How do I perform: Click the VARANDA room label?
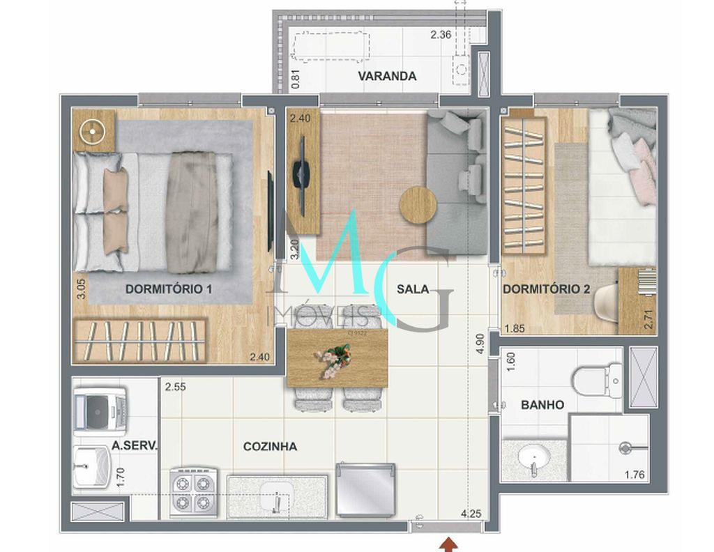(x=387, y=76)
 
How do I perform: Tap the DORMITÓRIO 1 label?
(x=168, y=289)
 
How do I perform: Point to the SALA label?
(x=413, y=289)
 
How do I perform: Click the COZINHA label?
(x=270, y=446)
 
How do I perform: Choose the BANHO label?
(x=542, y=404)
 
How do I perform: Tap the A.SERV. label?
(x=135, y=446)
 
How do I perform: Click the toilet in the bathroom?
(x=597, y=381)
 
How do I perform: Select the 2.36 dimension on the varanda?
(x=441, y=34)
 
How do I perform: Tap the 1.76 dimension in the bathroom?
(x=635, y=476)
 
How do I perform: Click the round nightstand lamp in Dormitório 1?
(x=92, y=130)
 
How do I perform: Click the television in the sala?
(x=302, y=171)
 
